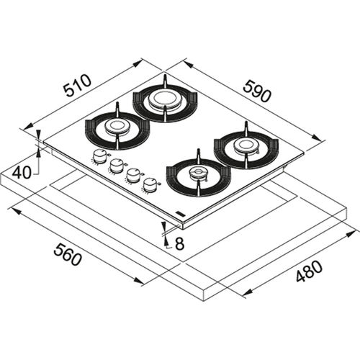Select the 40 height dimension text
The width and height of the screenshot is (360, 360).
(x=22, y=172)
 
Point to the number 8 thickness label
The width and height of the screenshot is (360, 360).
(x=179, y=244)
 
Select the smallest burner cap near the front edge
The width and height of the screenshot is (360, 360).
(x=197, y=174)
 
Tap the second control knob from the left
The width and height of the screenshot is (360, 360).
(x=115, y=166)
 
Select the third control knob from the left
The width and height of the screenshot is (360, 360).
(x=132, y=176)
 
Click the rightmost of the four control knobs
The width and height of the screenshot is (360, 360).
(x=150, y=186)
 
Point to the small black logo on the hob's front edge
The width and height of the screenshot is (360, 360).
(x=179, y=213)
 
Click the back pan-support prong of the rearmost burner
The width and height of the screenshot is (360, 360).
(x=164, y=78)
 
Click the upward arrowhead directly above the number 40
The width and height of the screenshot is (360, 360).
(x=38, y=153)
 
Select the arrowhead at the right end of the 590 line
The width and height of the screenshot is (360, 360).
(x=316, y=138)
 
